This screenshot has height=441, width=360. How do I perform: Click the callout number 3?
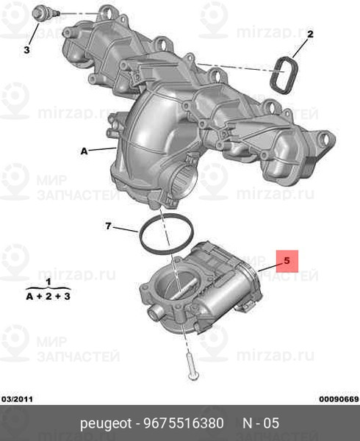(26, 50)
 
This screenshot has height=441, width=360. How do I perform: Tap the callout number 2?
(310, 35)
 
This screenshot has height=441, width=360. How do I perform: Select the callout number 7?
(109, 226)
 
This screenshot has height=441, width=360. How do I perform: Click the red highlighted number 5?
(287, 261)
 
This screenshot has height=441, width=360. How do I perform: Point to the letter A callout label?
(84, 151)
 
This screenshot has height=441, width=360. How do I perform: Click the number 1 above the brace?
(48, 282)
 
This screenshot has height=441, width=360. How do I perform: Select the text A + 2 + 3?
(48, 296)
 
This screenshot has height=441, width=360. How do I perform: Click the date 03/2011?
(18, 399)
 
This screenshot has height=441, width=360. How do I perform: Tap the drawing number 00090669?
(339, 399)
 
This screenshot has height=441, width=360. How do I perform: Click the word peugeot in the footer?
(106, 424)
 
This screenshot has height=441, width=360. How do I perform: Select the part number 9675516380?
(184, 423)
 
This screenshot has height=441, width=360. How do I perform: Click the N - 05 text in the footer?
(261, 423)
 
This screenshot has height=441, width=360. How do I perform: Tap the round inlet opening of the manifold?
(184, 180)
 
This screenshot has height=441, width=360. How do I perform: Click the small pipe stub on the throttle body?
(156, 312)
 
